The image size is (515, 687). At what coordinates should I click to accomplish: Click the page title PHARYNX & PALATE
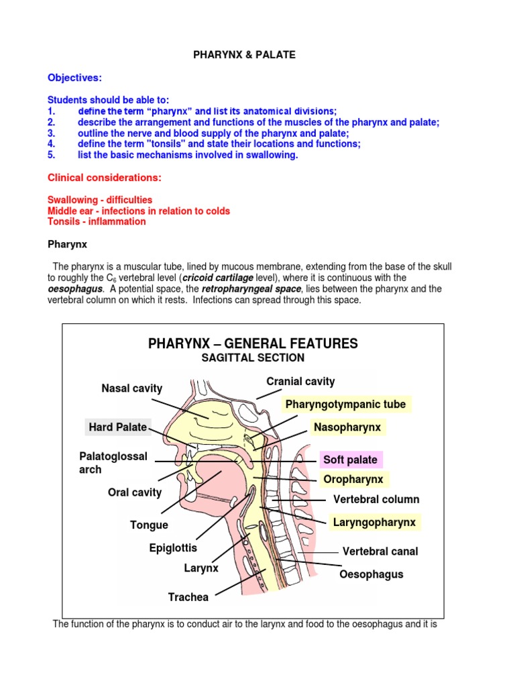click(x=244, y=55)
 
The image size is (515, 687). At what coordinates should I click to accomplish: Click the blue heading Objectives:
click(x=74, y=78)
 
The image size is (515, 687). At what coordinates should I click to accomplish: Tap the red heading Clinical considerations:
click(x=105, y=178)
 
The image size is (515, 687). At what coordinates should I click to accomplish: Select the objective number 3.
click(x=51, y=133)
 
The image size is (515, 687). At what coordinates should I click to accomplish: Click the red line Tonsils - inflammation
click(x=97, y=221)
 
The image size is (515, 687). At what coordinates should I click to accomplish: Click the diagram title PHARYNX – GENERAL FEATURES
click(x=253, y=344)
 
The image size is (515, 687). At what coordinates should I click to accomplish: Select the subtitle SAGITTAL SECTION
click(x=253, y=358)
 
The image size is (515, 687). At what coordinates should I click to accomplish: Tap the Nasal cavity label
click(x=132, y=388)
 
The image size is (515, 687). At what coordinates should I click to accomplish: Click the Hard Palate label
click(x=118, y=427)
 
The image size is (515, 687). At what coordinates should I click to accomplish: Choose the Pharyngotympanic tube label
click(x=345, y=405)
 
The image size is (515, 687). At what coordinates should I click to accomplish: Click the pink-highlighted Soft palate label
click(x=351, y=460)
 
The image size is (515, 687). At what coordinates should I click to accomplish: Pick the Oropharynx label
click(x=353, y=480)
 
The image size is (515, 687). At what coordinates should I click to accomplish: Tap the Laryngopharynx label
click(x=374, y=522)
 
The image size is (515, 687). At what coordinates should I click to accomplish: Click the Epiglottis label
click(x=173, y=549)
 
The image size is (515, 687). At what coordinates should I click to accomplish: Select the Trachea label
click(x=188, y=597)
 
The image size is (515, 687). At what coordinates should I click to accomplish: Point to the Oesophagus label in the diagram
click(x=371, y=575)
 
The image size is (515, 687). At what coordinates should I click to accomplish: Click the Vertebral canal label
click(x=380, y=551)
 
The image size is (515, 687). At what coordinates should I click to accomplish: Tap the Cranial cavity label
click(x=300, y=382)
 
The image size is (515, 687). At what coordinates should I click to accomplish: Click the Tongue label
click(x=149, y=525)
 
